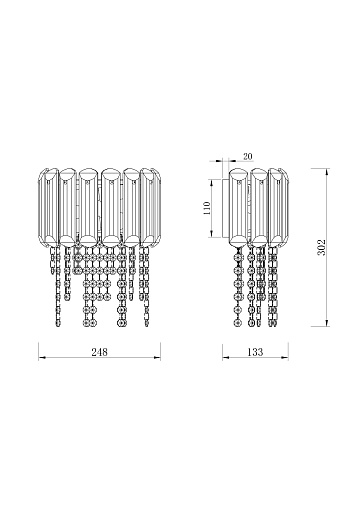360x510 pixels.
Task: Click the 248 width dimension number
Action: [99, 352]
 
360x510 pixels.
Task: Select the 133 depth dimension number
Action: [255, 352]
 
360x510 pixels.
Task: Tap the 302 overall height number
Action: [321, 247]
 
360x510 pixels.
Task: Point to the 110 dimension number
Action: [207, 208]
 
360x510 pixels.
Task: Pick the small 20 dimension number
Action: [248, 156]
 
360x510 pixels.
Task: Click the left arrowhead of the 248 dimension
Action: [42, 358]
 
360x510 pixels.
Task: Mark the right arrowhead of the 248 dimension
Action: [157, 358]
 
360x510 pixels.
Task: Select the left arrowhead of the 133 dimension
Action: [226, 358]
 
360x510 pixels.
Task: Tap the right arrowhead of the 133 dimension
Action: [285, 358]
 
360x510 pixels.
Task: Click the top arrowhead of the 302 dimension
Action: [327, 172]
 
